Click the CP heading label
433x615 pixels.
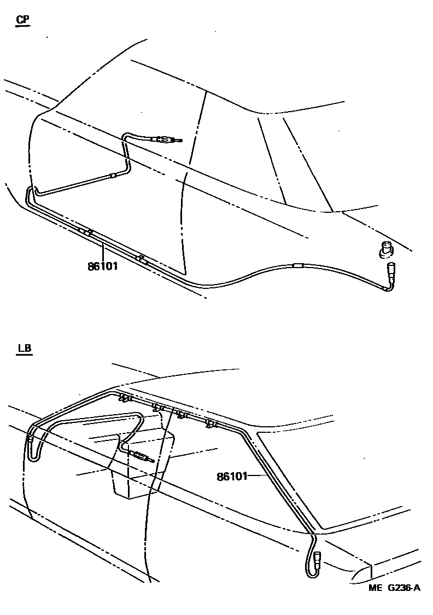[23, 20]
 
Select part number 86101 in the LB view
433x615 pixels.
[232, 477]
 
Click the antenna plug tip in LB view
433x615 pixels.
[150, 460]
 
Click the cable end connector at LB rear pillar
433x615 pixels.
[318, 559]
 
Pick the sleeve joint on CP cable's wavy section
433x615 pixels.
[297, 266]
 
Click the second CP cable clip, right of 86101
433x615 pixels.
[142, 259]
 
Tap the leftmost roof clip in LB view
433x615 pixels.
[125, 398]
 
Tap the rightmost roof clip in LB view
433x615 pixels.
[210, 424]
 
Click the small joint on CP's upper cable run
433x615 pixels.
[113, 175]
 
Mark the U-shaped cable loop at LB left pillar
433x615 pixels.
[32, 446]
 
